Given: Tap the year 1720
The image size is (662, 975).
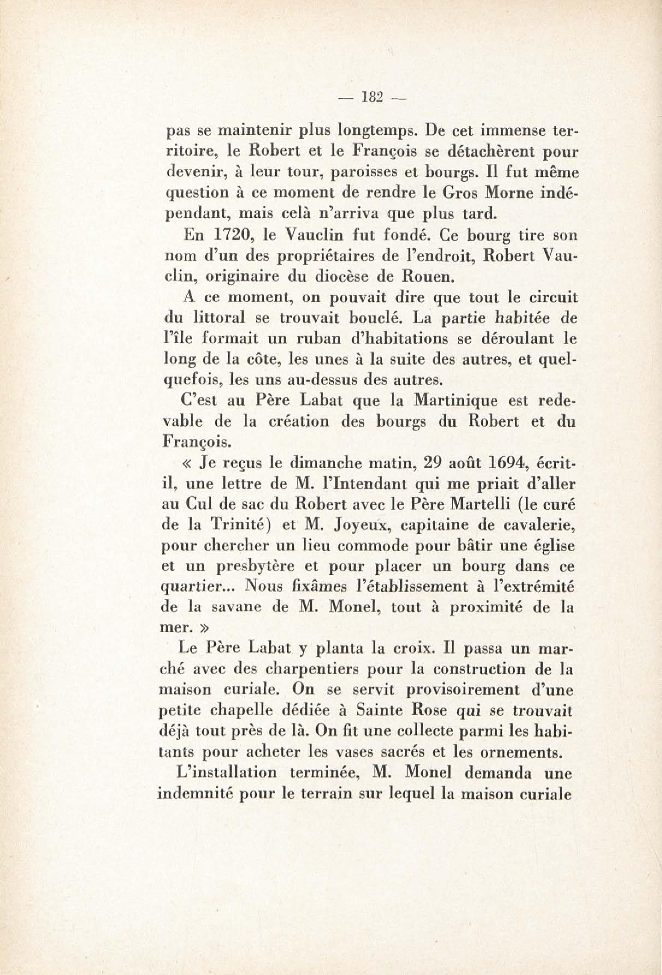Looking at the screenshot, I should (230, 236).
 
